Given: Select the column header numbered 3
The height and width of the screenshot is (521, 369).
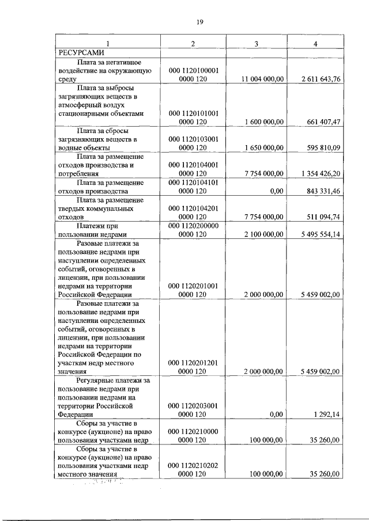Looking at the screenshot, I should click(x=256, y=44).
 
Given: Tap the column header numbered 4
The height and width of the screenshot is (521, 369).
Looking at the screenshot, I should click(x=315, y=44).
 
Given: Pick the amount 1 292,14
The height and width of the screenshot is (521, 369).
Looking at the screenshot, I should click(x=326, y=414).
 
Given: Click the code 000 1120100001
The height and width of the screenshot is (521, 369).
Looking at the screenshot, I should click(x=193, y=70).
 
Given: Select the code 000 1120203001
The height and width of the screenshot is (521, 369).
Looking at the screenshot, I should click(x=193, y=405).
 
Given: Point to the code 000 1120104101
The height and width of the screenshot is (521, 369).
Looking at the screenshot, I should click(x=193, y=182).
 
